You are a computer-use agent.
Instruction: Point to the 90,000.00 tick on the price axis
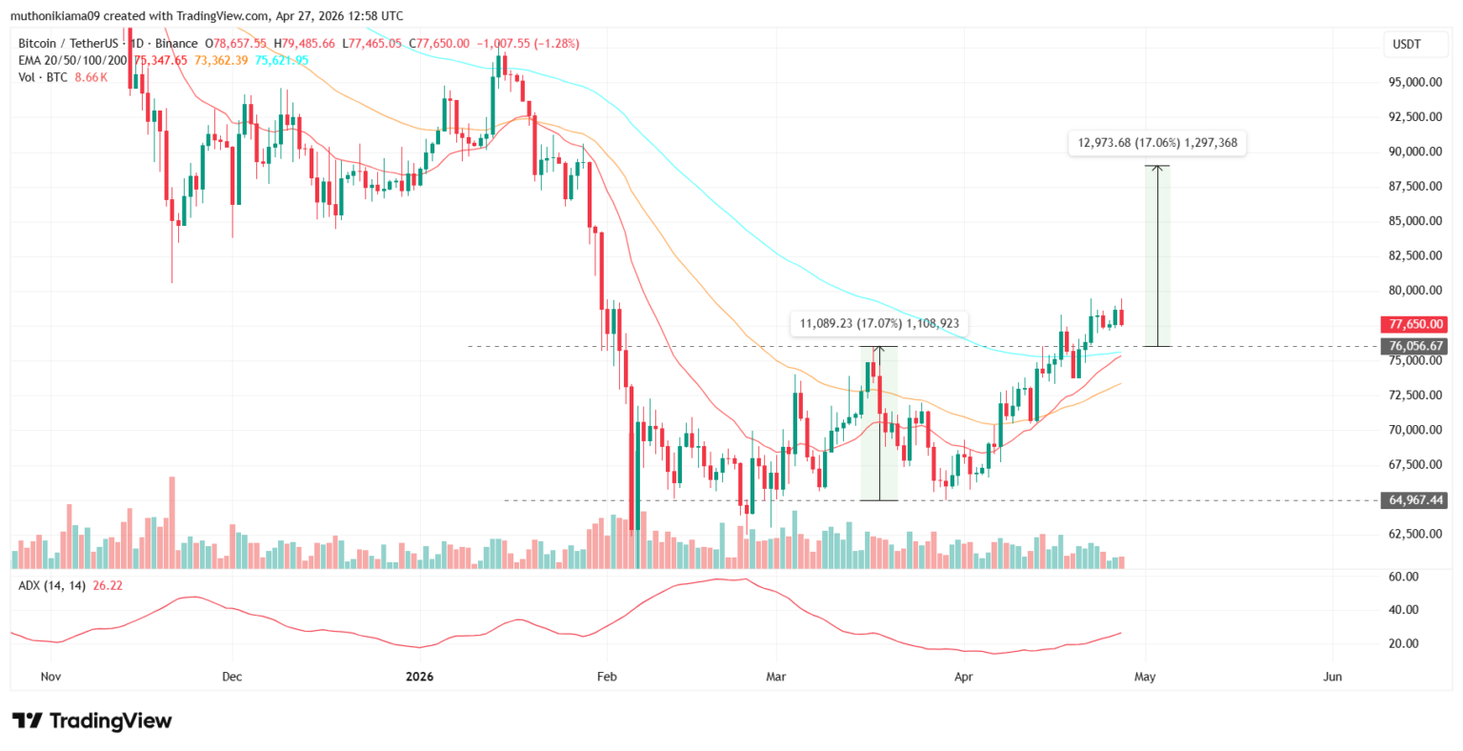(1414, 152)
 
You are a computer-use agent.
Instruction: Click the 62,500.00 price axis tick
(1414, 534)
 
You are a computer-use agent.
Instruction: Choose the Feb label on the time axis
(606, 677)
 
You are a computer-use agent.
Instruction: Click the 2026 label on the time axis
(419, 677)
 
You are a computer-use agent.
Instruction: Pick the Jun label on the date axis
(1333, 677)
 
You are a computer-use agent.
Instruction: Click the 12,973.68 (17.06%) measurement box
(1157, 143)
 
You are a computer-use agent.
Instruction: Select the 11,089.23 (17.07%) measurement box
(878, 323)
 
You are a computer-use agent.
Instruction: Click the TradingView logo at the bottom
(91, 721)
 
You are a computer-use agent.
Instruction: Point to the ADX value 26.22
(108, 585)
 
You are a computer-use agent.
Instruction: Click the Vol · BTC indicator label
(43, 77)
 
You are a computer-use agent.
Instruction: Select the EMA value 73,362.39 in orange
(221, 60)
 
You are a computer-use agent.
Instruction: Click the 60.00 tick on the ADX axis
(1404, 577)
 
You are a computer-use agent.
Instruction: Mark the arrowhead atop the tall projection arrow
(1157, 169)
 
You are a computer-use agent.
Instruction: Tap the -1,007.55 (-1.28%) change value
(528, 44)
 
